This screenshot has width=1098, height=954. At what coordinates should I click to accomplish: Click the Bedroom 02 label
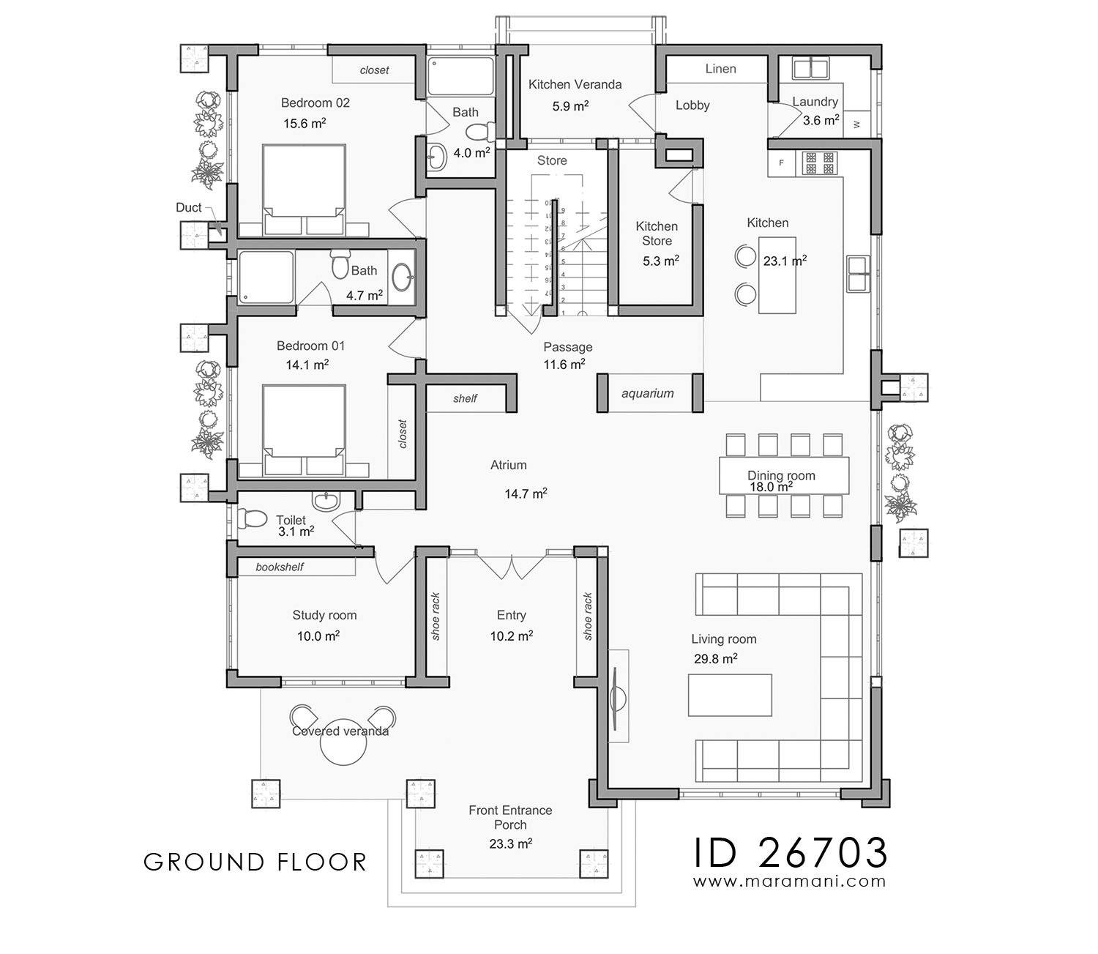point(315,103)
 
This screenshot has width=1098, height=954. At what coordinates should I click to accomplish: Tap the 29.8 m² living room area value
point(715,658)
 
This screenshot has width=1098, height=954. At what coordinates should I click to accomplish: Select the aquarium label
point(647,393)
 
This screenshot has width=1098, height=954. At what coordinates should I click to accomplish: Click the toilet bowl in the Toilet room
point(253,518)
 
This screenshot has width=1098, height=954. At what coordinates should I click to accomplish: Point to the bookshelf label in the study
point(279,567)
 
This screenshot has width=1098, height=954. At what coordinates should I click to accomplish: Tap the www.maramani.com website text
point(791,882)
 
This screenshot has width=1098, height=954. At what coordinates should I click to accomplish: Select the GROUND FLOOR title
point(255,862)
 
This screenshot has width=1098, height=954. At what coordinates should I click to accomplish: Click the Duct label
point(188,207)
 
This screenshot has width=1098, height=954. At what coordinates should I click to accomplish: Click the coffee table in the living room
point(730,695)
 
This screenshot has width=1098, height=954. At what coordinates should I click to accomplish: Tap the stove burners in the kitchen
point(820,163)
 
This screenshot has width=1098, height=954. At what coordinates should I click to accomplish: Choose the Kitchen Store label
point(657,233)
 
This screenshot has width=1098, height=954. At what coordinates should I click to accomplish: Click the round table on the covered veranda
point(340,745)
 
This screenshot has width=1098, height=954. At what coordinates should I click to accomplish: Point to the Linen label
point(720,69)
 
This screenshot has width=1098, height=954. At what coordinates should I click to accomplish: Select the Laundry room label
point(815,102)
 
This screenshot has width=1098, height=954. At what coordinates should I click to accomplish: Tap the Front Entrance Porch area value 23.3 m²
point(510,843)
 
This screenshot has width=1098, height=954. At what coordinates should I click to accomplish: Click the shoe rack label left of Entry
point(436,616)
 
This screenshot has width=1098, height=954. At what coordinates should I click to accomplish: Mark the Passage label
point(567,347)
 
